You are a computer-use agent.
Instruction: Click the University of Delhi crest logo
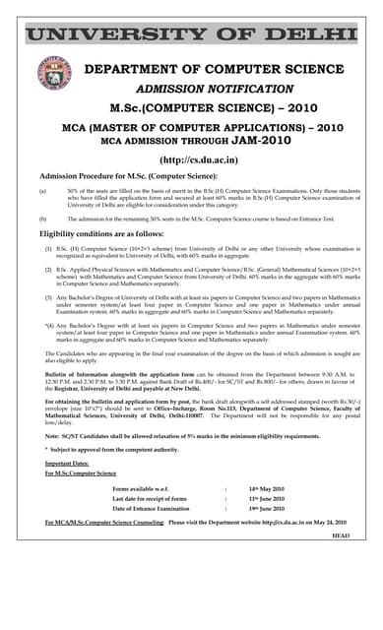coord(55,75)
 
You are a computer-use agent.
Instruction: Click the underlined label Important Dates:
coord(67,463)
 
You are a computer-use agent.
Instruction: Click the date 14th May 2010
coord(266,488)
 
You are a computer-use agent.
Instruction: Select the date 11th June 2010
coord(267,499)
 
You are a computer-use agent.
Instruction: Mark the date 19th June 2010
coord(267,509)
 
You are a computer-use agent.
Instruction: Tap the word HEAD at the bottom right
coord(341,535)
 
